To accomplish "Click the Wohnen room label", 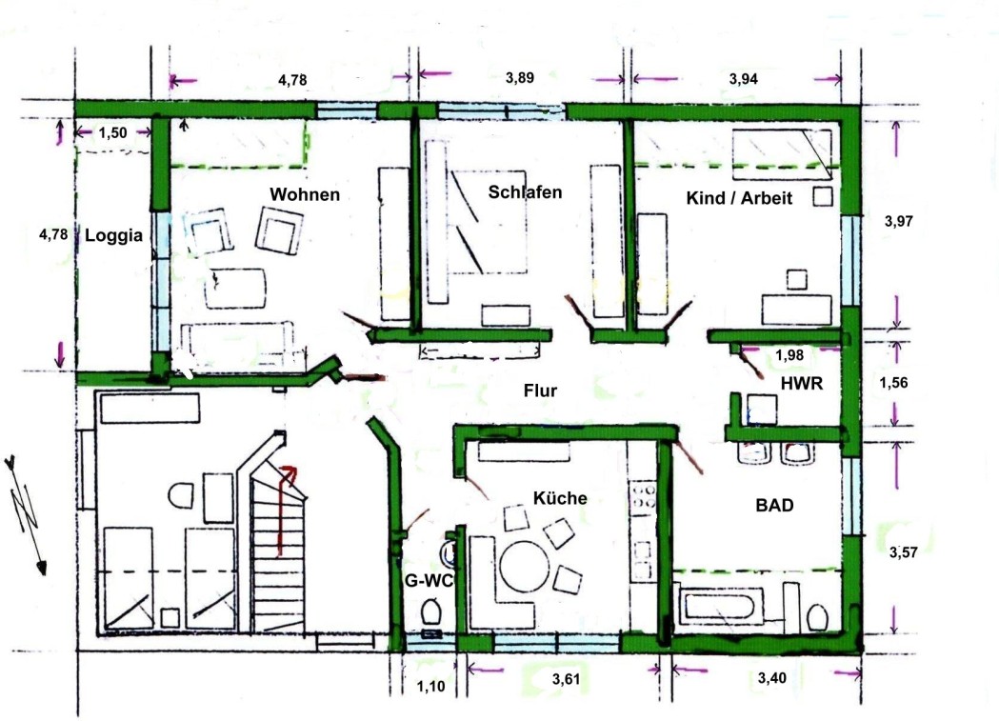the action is click(305, 194).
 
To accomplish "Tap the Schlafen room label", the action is click(525, 191).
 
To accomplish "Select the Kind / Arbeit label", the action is click(739, 197).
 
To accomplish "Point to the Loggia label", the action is click(113, 235).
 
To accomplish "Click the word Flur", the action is click(540, 391).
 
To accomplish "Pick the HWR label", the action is click(802, 383).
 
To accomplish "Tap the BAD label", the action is click(775, 505).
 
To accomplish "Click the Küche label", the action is click(560, 497).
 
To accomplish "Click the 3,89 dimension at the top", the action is click(520, 78).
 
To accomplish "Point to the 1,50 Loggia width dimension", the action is click(112, 132).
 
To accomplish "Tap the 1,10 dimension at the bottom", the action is click(430, 687).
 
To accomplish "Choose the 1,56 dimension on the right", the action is click(893, 382).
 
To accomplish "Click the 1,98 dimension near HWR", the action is click(789, 354).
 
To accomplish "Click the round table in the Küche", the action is click(525, 566).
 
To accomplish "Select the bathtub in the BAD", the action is click(723, 605).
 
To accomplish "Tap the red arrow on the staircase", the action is click(283, 510).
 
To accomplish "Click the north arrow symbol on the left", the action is click(27, 514).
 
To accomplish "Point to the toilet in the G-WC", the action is click(430, 612).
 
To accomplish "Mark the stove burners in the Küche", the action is click(643, 495).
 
